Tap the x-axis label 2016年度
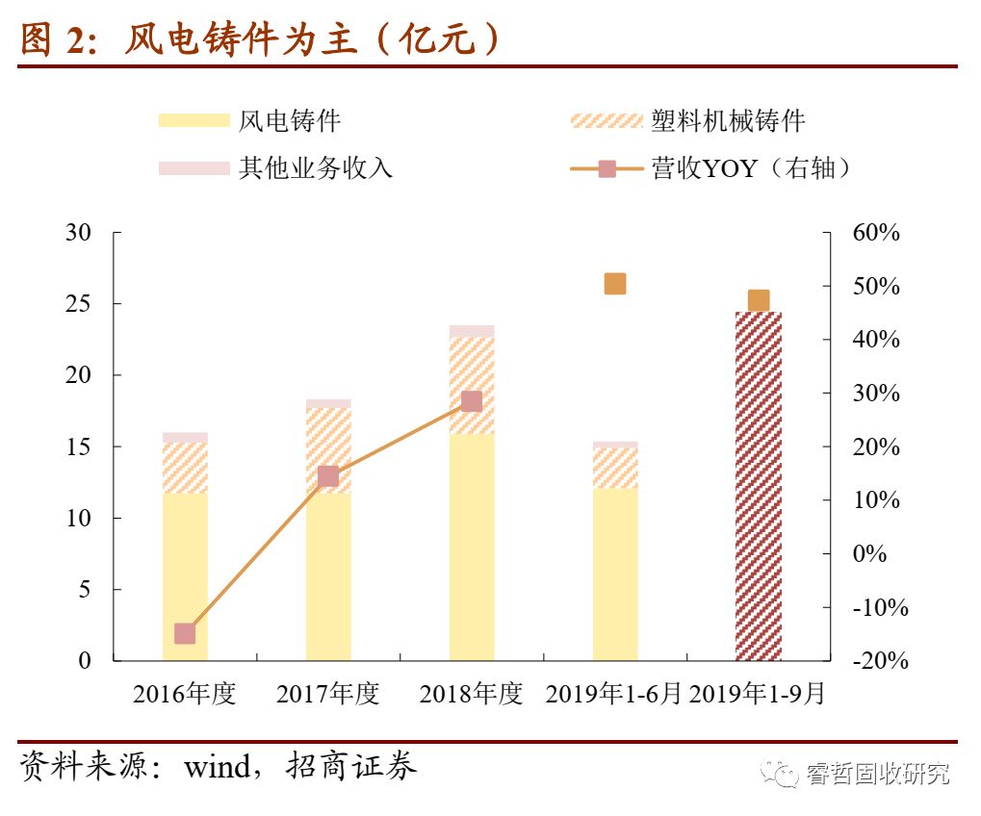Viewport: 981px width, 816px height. [x=185, y=694]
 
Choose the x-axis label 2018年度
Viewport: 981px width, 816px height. [x=471, y=694]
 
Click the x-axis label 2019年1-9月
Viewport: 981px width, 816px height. [x=758, y=694]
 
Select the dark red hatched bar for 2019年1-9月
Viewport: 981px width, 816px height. [x=759, y=486]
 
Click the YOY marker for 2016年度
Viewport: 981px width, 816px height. [x=185, y=633]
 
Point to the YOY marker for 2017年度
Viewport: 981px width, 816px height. [x=328, y=476]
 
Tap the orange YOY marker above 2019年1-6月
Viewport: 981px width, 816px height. [x=615, y=284]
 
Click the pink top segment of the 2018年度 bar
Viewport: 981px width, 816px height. [x=472, y=331]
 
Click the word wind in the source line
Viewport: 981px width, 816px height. [x=219, y=767]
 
